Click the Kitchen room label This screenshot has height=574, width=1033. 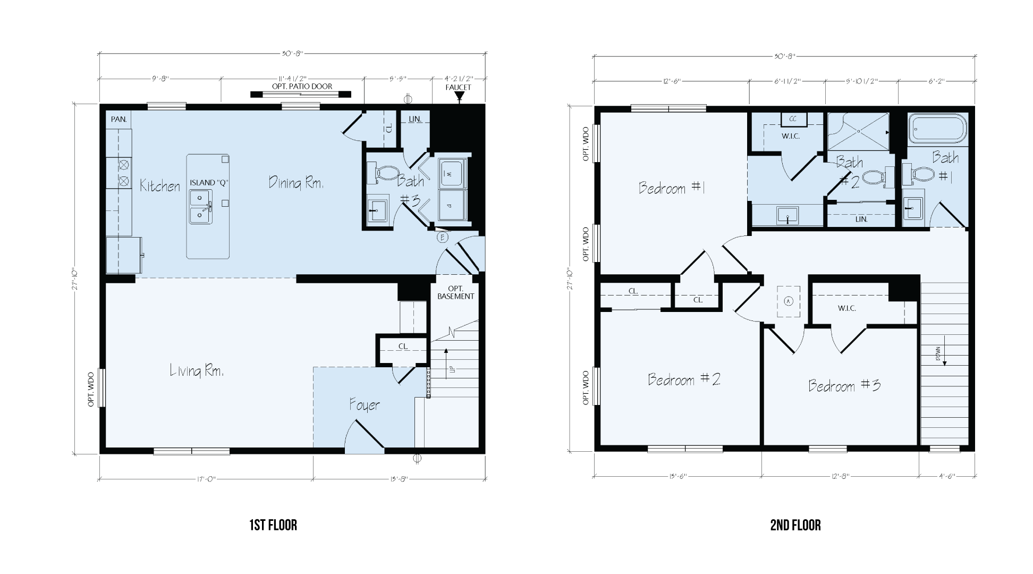[160, 186]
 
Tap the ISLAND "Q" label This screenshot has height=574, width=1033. [209, 182]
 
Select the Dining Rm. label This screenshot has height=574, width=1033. [296, 183]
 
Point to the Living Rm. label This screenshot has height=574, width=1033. [197, 370]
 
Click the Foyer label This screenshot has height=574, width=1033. [365, 405]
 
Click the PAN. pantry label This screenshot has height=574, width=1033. [118, 120]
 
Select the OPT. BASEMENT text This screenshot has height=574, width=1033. [455, 292]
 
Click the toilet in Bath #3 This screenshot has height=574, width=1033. [385, 173]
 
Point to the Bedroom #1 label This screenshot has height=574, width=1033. [671, 188]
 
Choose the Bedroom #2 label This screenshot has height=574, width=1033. [684, 379]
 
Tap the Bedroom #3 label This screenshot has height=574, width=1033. [844, 385]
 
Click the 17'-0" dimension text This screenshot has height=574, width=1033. [205, 479]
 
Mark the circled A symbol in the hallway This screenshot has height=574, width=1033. [789, 301]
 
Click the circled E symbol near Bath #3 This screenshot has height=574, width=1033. [442, 238]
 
